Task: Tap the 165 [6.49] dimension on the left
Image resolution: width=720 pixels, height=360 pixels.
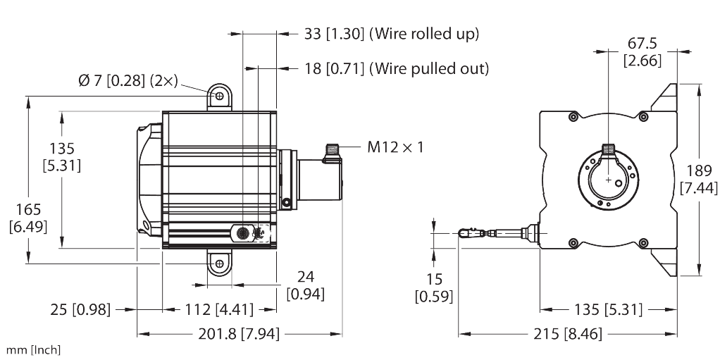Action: tap(25, 218)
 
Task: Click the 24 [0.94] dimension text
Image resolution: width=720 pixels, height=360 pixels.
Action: tap(305, 285)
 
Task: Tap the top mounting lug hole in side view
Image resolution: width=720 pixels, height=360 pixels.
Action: tap(220, 95)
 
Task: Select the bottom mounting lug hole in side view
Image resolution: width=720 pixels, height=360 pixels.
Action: tap(220, 263)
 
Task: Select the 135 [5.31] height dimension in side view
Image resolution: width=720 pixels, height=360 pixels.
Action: tap(61, 156)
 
